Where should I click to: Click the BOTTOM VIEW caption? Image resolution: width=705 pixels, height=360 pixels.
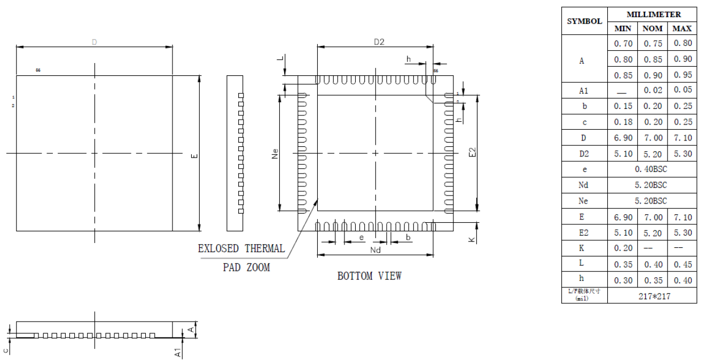click(x=369, y=276)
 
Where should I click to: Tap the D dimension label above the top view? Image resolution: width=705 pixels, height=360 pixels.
click(x=94, y=42)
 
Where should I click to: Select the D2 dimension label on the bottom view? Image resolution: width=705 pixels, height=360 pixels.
click(x=379, y=42)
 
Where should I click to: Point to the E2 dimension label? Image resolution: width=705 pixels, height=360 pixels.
click(x=472, y=153)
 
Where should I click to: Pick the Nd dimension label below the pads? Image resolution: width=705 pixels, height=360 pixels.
click(x=375, y=249)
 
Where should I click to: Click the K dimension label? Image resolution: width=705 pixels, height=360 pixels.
click(x=472, y=240)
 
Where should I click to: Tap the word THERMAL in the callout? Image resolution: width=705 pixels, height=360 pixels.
click(x=264, y=248)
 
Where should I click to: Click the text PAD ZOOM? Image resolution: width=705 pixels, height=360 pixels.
click(x=246, y=268)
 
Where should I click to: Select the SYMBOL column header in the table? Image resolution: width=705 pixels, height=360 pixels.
click(x=584, y=22)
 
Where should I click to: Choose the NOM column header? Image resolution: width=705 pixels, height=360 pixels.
click(x=653, y=28)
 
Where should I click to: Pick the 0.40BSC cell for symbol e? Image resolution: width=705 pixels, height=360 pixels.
click(x=652, y=169)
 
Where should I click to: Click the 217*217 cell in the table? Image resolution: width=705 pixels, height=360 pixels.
click(x=652, y=296)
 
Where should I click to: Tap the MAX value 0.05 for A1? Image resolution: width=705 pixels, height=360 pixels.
click(x=683, y=90)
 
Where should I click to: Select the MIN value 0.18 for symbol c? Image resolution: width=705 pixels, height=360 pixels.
click(x=623, y=122)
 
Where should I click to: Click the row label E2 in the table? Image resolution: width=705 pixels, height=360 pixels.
click(x=584, y=233)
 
